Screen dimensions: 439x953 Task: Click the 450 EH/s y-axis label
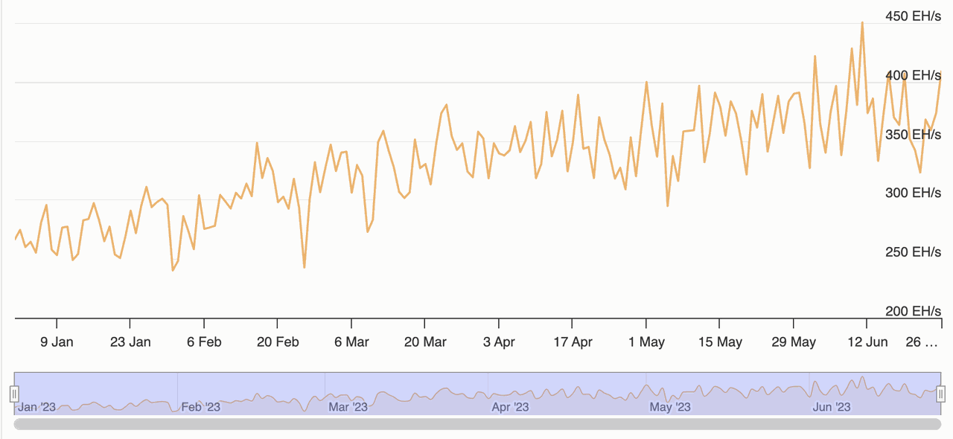(x=912, y=16)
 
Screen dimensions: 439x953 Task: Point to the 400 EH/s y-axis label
(x=912, y=75)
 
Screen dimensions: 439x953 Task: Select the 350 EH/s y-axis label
(x=912, y=135)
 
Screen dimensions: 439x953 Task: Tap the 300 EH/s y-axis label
(x=912, y=193)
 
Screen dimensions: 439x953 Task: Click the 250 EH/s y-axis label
(x=912, y=252)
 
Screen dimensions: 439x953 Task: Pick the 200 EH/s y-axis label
(x=912, y=311)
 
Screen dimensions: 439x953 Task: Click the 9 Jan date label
(x=57, y=342)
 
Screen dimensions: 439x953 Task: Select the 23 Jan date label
(x=130, y=342)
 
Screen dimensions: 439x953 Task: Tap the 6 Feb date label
(x=203, y=342)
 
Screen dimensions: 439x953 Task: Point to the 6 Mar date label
(x=351, y=342)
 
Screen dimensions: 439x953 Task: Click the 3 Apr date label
(x=499, y=342)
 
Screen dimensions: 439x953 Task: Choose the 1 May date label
(x=646, y=342)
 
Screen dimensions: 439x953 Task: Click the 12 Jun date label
(x=867, y=342)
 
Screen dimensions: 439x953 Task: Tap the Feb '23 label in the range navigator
(x=201, y=407)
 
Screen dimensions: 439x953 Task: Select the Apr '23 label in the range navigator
(x=510, y=407)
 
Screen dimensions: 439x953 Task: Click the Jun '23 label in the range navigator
(x=832, y=407)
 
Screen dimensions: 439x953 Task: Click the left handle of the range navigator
(x=13, y=394)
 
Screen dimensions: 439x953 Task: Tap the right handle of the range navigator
(x=941, y=394)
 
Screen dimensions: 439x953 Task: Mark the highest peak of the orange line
(x=862, y=23)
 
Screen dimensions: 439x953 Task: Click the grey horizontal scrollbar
(x=476, y=424)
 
